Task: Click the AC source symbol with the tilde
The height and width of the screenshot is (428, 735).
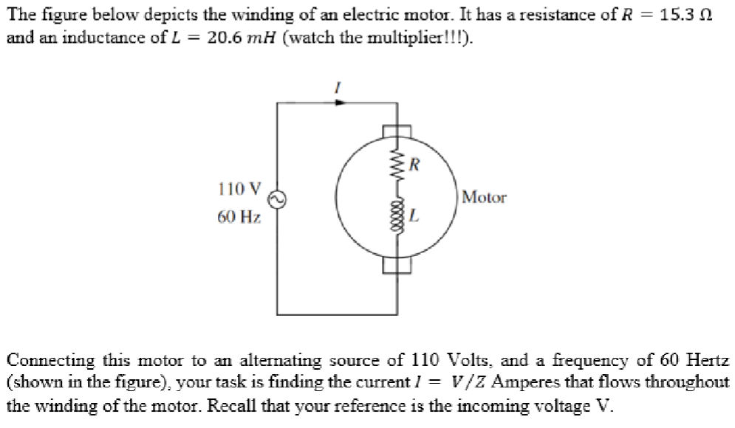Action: click(x=278, y=198)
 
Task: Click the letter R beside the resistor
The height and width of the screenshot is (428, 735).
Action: click(x=415, y=164)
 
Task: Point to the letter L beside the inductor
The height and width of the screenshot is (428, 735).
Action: click(x=415, y=217)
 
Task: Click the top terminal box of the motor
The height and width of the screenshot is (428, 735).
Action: click(x=396, y=131)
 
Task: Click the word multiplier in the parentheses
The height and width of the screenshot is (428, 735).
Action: click(x=423, y=37)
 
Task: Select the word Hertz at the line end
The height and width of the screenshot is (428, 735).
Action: click(x=708, y=361)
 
